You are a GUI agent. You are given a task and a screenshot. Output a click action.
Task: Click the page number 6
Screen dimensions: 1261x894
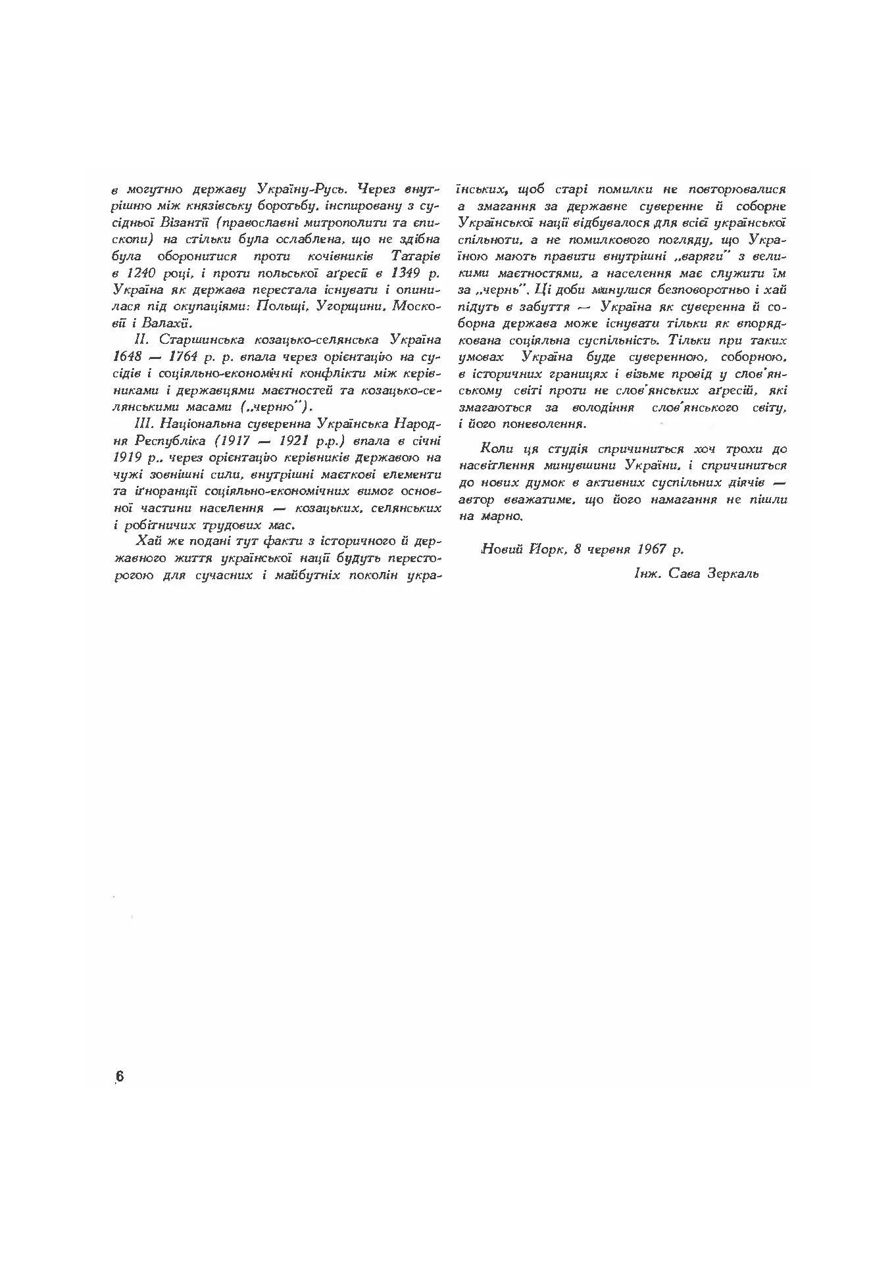pos(119,1076)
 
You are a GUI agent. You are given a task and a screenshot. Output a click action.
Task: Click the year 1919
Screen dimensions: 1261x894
pos(128,457)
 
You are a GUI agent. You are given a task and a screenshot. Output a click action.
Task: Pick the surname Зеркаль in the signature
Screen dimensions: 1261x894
pos(733,573)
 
